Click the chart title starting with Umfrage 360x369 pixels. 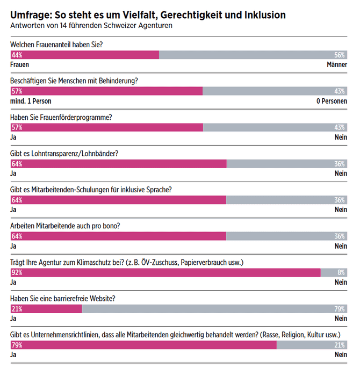(148, 15)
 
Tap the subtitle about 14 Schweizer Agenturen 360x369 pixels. (92, 26)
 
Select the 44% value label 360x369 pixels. (16, 55)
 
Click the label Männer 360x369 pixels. (337, 64)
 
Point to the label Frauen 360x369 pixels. (20, 64)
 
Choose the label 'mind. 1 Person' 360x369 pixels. (31, 100)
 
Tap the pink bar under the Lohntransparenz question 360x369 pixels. (118, 164)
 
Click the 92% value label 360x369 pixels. (16, 272)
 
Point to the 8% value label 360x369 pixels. (341, 272)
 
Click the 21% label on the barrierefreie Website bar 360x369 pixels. (16, 309)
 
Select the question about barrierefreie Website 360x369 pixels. (63, 299)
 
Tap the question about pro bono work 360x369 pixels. (65, 226)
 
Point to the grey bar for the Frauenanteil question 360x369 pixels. (247, 55)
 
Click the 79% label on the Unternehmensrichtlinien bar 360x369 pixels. (16, 345)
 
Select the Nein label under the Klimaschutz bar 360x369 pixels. (341, 282)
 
